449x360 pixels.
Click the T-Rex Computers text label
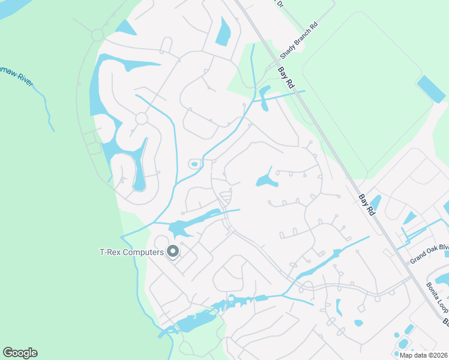click(131, 253)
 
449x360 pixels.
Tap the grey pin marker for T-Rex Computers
click(173, 252)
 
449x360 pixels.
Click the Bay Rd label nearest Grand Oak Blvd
click(367, 204)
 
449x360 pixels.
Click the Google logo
click(20, 353)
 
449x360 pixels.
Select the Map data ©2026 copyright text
click(423, 355)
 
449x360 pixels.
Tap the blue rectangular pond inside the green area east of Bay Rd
click(431, 89)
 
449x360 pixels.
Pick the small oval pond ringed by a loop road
click(194, 164)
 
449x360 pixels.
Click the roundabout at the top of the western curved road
click(97, 35)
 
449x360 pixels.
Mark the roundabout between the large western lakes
click(142, 119)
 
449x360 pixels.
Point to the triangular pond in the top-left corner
click(126, 28)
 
